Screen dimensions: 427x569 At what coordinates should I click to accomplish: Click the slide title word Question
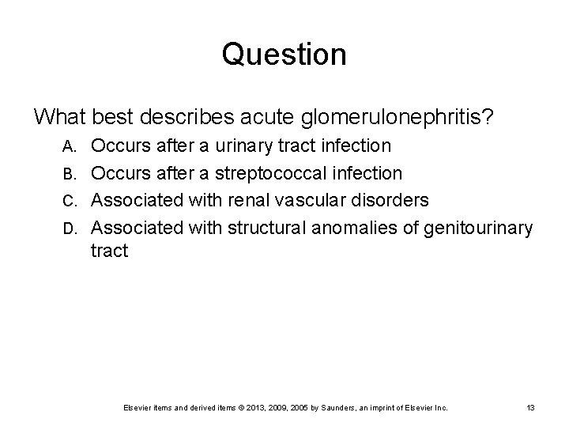[x=284, y=55]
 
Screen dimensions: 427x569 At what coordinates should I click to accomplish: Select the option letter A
[x=70, y=146]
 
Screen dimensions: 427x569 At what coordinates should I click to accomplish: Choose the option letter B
[x=70, y=173]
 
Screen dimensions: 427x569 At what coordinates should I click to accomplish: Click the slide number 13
[x=531, y=407]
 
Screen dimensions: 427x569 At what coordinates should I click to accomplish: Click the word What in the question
[x=60, y=117]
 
